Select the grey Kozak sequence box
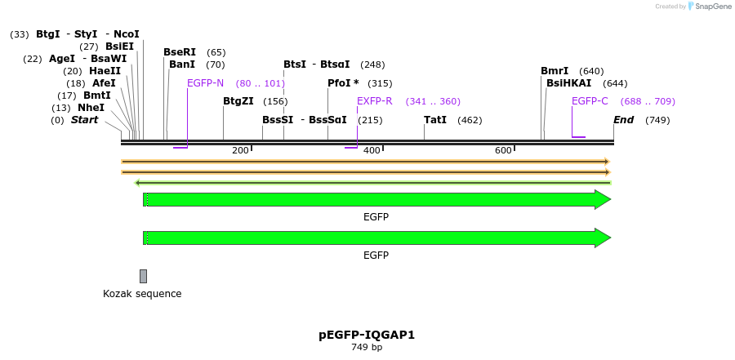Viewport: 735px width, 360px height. click(143, 276)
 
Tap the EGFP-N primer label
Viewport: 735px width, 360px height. click(205, 83)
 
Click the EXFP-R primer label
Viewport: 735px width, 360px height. click(375, 101)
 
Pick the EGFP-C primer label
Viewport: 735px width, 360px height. click(590, 101)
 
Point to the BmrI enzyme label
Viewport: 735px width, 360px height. click(555, 71)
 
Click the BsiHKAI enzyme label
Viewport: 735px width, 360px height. click(568, 83)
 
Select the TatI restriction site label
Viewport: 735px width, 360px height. click(434, 120)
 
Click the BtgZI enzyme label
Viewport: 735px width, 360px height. click(238, 101)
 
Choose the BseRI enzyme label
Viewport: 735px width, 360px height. click(180, 52)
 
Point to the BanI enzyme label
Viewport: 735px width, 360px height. click(181, 64)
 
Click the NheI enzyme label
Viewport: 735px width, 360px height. click(91, 108)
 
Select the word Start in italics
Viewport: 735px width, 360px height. click(84, 120)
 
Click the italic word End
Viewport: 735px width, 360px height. click(623, 120)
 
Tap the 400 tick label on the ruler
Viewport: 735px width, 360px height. click(372, 150)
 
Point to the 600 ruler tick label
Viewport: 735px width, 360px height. click(503, 150)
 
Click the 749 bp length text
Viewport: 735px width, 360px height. click(367, 347)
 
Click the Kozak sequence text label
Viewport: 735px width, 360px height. click(142, 294)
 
